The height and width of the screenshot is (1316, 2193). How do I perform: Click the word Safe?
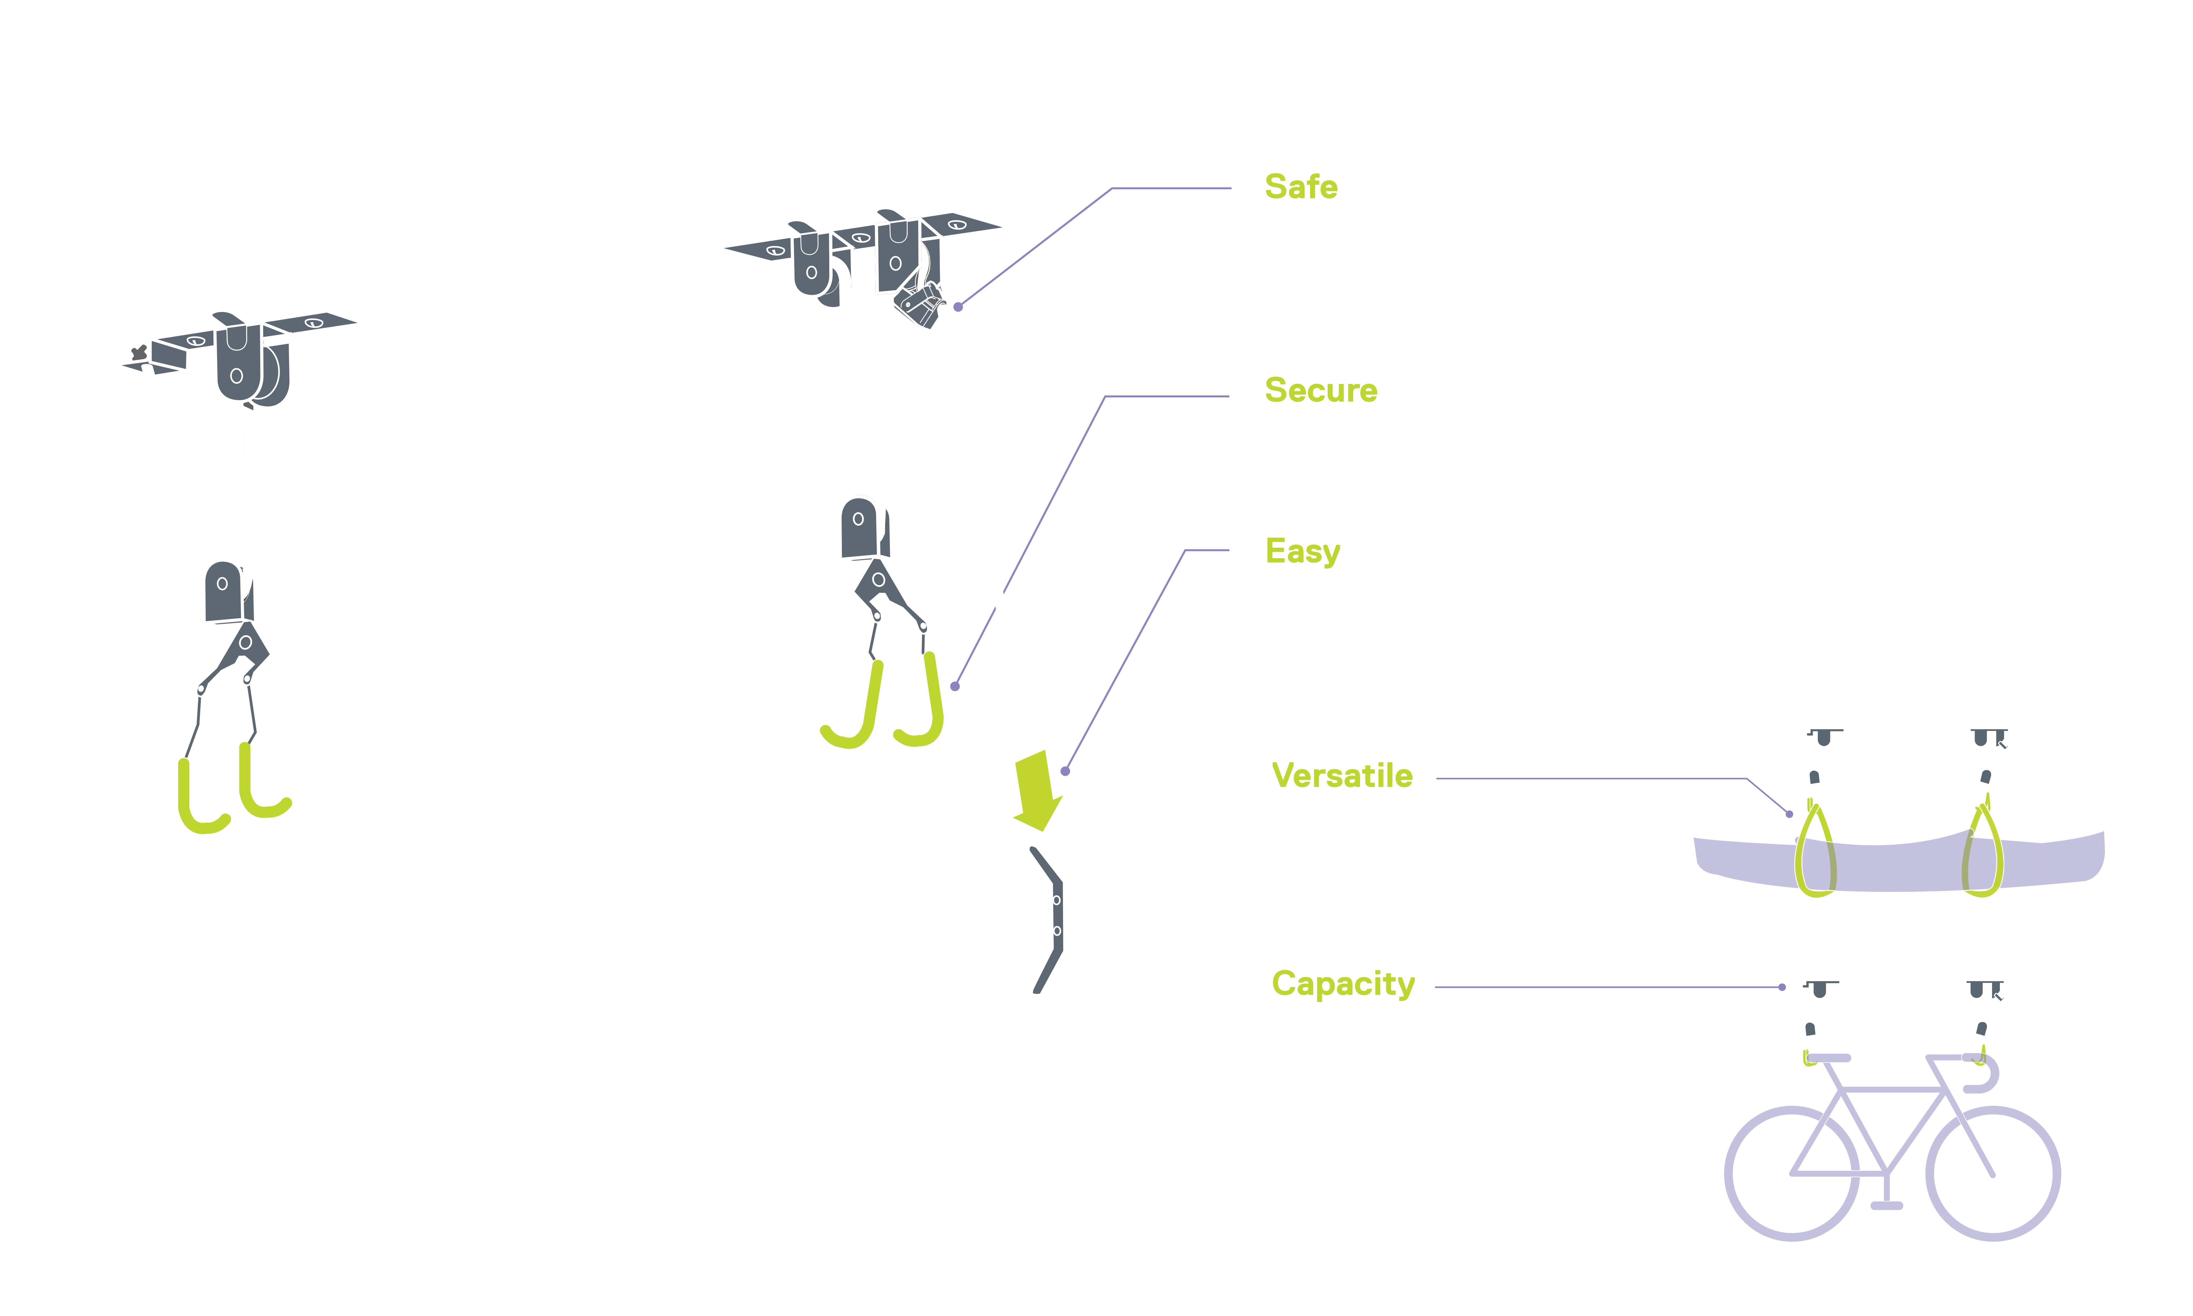pos(1300,187)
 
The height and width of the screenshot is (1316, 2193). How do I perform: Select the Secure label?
pos(1321,390)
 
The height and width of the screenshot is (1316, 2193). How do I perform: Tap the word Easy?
pos(1302,552)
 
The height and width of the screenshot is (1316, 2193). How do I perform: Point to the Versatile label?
pos(1342,776)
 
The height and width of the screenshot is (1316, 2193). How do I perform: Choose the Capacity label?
pos(1343,984)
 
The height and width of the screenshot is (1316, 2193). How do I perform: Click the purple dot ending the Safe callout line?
pos(958,307)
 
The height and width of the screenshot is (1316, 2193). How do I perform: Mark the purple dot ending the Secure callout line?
pos(955,686)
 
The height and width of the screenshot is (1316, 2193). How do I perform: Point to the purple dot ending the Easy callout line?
pos(1066,771)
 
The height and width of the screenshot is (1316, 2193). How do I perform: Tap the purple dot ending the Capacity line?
pos(1782,987)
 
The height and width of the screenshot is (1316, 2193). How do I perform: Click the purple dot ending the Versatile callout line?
pos(1790,814)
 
